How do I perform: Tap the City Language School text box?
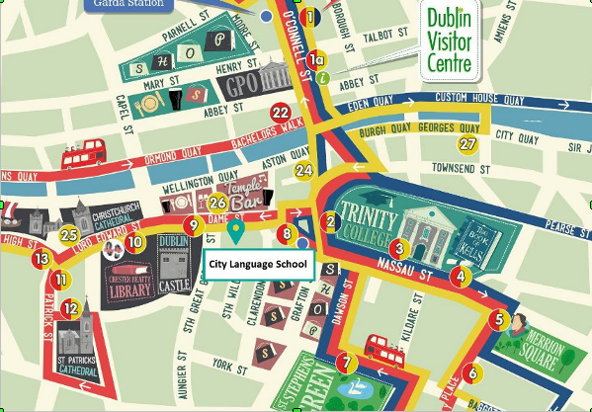click(258, 264)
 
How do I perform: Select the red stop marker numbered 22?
click(281, 112)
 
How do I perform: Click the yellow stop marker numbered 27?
click(467, 144)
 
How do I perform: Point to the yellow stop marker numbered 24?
click(303, 170)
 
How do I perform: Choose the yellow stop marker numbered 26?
click(218, 204)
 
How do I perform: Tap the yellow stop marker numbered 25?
click(68, 234)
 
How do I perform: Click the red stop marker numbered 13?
click(41, 259)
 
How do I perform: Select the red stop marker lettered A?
click(458, 276)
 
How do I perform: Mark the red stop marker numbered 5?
click(498, 319)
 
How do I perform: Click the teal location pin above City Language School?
click(235, 230)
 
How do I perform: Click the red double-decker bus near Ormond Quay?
click(84, 153)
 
